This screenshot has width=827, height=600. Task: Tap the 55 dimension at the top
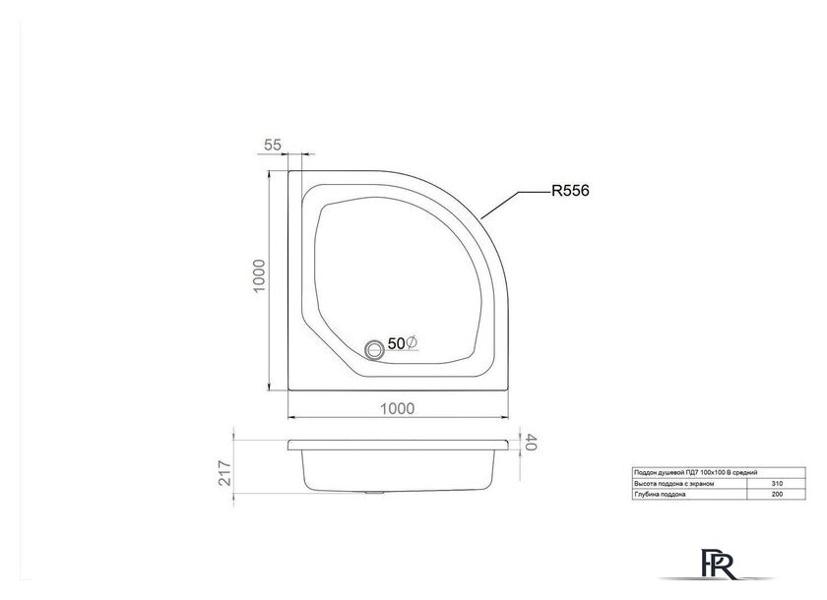273,145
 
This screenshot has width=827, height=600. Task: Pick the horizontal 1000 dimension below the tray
392,408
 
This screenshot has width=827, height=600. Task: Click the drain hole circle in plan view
374,347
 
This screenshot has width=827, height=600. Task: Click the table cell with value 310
779,484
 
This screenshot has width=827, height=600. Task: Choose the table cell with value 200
779,495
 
